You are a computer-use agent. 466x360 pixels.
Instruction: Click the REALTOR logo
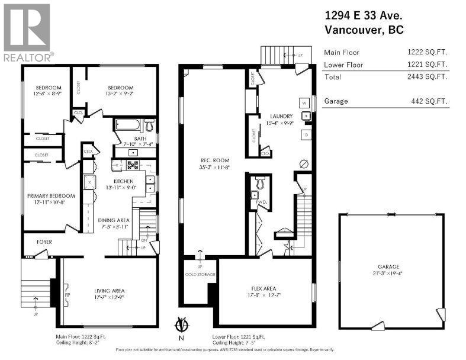pyautogui.click(x=27, y=32)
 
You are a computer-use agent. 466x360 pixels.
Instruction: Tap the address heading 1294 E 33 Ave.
pyautogui.click(x=364, y=16)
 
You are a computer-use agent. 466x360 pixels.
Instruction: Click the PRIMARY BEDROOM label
pyautogui.click(x=50, y=196)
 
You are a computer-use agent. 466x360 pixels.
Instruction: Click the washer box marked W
pyautogui.click(x=304, y=101)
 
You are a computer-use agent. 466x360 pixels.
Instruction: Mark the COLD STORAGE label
pyautogui.click(x=200, y=274)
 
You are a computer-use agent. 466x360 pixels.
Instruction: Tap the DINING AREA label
pyautogui.click(x=113, y=220)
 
